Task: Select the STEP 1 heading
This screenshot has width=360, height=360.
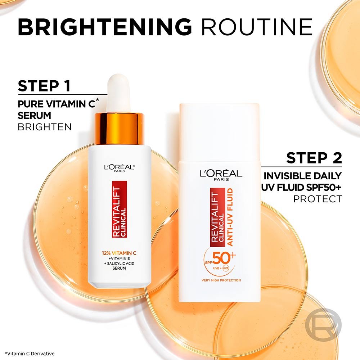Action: (x=44, y=86)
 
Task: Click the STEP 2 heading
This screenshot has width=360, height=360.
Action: (x=314, y=158)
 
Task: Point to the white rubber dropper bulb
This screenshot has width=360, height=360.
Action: (x=119, y=93)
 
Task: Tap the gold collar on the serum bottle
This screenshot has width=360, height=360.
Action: (x=119, y=128)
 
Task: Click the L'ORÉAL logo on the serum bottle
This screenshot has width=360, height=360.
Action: (x=119, y=167)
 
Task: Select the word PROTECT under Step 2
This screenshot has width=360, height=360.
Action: (x=317, y=199)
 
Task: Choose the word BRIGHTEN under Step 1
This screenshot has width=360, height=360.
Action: (x=45, y=127)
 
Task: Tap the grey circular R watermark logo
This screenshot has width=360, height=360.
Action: (x=323, y=326)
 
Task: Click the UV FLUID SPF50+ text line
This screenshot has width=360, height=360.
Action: (x=301, y=187)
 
